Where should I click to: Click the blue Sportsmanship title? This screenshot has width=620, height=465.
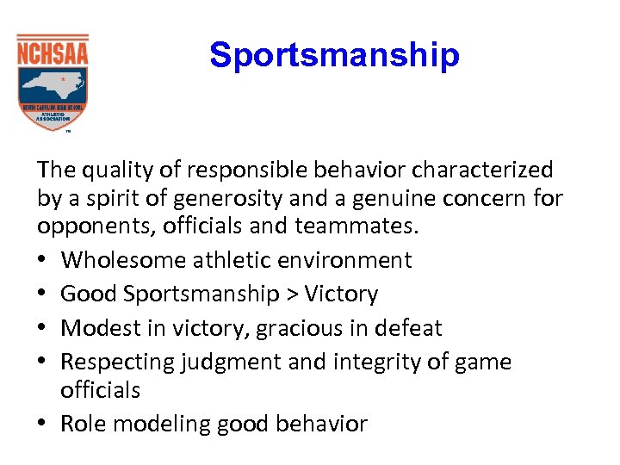point(334,55)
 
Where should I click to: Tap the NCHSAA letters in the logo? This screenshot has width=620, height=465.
point(53,54)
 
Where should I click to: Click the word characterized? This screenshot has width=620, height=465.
point(481,170)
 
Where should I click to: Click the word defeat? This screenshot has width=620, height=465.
point(412,328)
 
